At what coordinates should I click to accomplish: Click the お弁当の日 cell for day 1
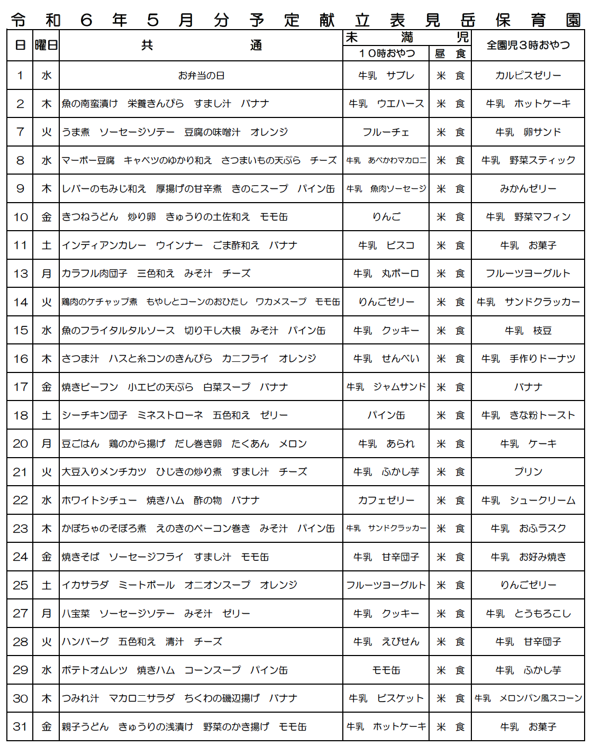(x=201, y=76)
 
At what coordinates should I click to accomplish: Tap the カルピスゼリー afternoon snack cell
(x=528, y=76)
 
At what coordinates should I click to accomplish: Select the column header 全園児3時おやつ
(x=528, y=46)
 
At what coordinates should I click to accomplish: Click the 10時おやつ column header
(x=387, y=53)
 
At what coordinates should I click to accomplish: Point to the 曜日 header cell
(x=46, y=46)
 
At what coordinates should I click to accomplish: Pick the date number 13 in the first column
(x=20, y=274)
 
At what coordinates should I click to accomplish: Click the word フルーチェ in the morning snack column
(x=386, y=132)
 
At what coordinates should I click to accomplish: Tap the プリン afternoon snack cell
(x=528, y=472)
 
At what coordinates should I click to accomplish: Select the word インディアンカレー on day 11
(x=104, y=245)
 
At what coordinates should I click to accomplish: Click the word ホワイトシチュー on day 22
(x=99, y=501)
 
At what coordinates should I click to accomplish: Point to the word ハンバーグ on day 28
(x=85, y=642)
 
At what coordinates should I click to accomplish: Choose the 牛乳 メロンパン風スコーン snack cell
(x=528, y=698)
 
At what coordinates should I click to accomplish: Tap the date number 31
(x=20, y=727)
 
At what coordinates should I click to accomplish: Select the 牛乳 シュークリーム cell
(x=528, y=501)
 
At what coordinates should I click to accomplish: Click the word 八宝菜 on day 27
(x=76, y=614)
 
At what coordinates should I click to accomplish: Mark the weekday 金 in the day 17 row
(x=47, y=387)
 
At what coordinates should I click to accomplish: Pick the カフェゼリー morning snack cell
(x=386, y=501)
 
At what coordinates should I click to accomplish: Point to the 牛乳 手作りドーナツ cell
(x=528, y=359)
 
